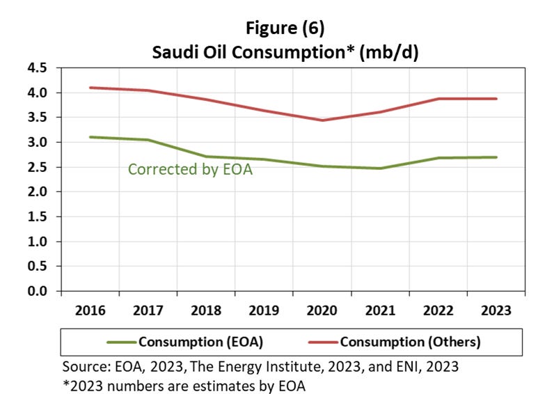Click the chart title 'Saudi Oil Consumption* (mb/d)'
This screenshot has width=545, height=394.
[285, 52]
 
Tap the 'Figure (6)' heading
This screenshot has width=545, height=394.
[285, 29]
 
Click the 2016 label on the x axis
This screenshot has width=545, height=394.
[90, 310]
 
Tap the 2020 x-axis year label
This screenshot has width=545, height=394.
[322, 310]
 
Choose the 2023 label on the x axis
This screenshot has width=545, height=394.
[496, 310]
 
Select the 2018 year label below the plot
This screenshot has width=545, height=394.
[206, 310]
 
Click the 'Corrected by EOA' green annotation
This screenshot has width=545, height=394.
[190, 169]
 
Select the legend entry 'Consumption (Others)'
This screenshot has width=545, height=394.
[410, 342]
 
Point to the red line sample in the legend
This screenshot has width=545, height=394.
[322, 342]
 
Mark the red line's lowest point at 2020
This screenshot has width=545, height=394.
[322, 120]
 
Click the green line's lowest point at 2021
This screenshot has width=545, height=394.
[380, 168]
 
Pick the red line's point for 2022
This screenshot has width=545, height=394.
[438, 99]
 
